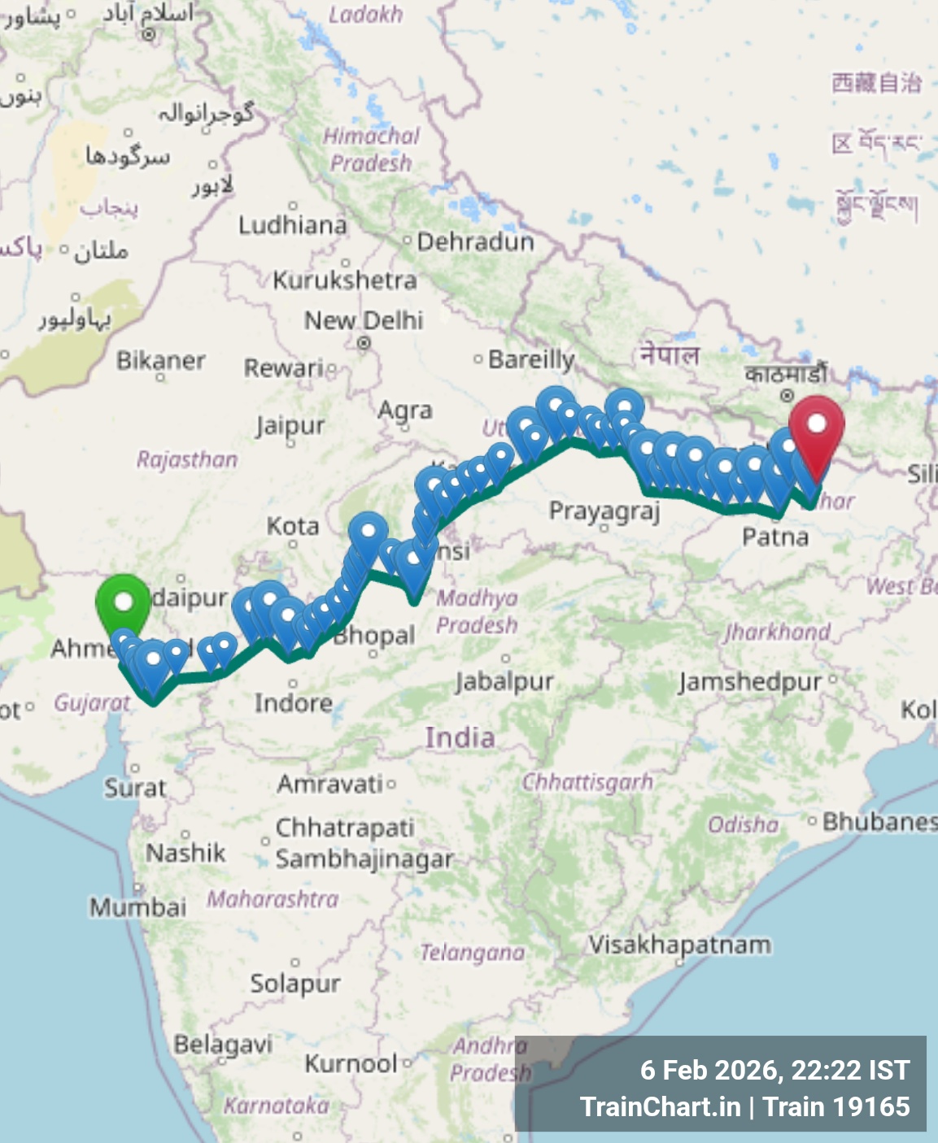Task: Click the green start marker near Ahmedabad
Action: [x=123, y=603]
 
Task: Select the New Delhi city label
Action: [x=364, y=321]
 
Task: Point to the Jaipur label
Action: [x=290, y=426]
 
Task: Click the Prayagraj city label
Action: [x=604, y=511]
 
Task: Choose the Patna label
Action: [x=775, y=537]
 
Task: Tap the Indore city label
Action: [x=293, y=702]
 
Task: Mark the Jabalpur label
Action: [x=504, y=680]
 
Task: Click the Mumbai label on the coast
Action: [x=137, y=906]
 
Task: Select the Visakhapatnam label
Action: [x=679, y=945]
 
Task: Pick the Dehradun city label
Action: [x=475, y=241]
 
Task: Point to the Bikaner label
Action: [x=160, y=360]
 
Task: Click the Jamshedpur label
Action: [x=750, y=681]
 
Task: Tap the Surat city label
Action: [x=135, y=787]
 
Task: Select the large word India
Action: [x=460, y=737]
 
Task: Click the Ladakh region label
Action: [x=365, y=15]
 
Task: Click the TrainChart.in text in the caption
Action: [x=660, y=1106]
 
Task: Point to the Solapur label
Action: [x=294, y=984]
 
